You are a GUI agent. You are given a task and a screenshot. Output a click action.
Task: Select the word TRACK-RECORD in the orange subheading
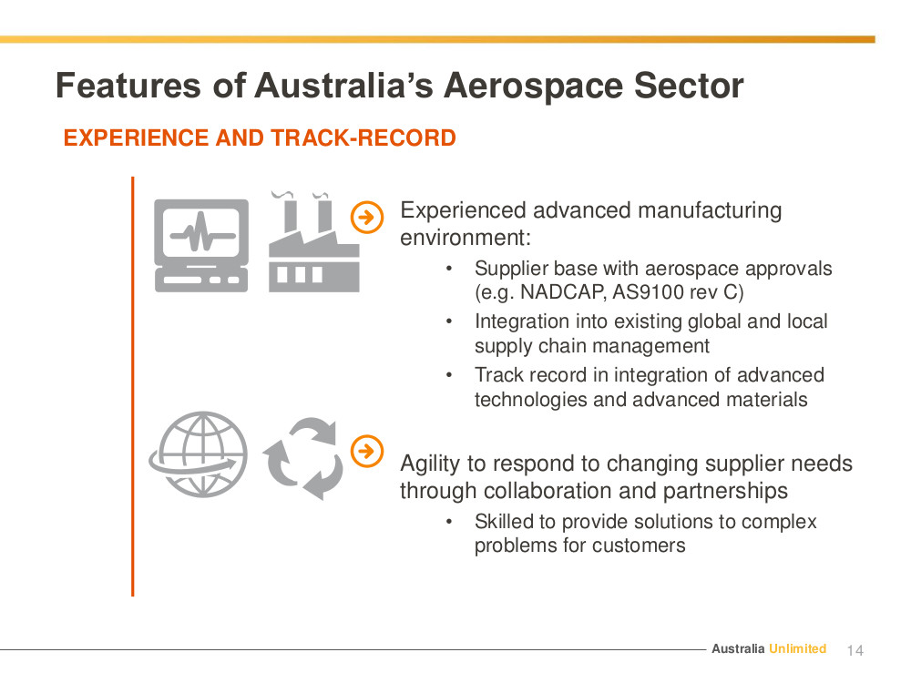(x=363, y=138)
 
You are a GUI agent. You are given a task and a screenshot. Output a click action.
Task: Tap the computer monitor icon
(x=201, y=246)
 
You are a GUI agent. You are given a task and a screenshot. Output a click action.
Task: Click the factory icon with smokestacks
(x=313, y=241)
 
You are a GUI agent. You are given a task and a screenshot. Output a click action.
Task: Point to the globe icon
(x=198, y=454)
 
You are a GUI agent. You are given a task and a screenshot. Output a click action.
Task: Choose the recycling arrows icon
(x=303, y=459)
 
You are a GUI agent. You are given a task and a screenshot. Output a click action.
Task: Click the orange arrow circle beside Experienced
(x=367, y=218)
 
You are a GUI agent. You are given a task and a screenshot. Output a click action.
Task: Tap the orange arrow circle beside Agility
(x=367, y=451)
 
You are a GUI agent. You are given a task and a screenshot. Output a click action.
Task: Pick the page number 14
(x=855, y=650)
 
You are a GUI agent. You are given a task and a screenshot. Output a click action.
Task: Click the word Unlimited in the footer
(x=798, y=648)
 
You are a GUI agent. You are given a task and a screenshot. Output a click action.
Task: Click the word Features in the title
(x=128, y=86)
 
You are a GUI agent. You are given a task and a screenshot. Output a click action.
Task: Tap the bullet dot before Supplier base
(x=449, y=269)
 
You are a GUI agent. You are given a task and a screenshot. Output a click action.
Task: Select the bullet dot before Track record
(x=449, y=375)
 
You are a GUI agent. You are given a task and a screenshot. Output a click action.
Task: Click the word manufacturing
(x=710, y=211)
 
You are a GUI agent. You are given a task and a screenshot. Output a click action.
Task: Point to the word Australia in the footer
(x=738, y=648)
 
